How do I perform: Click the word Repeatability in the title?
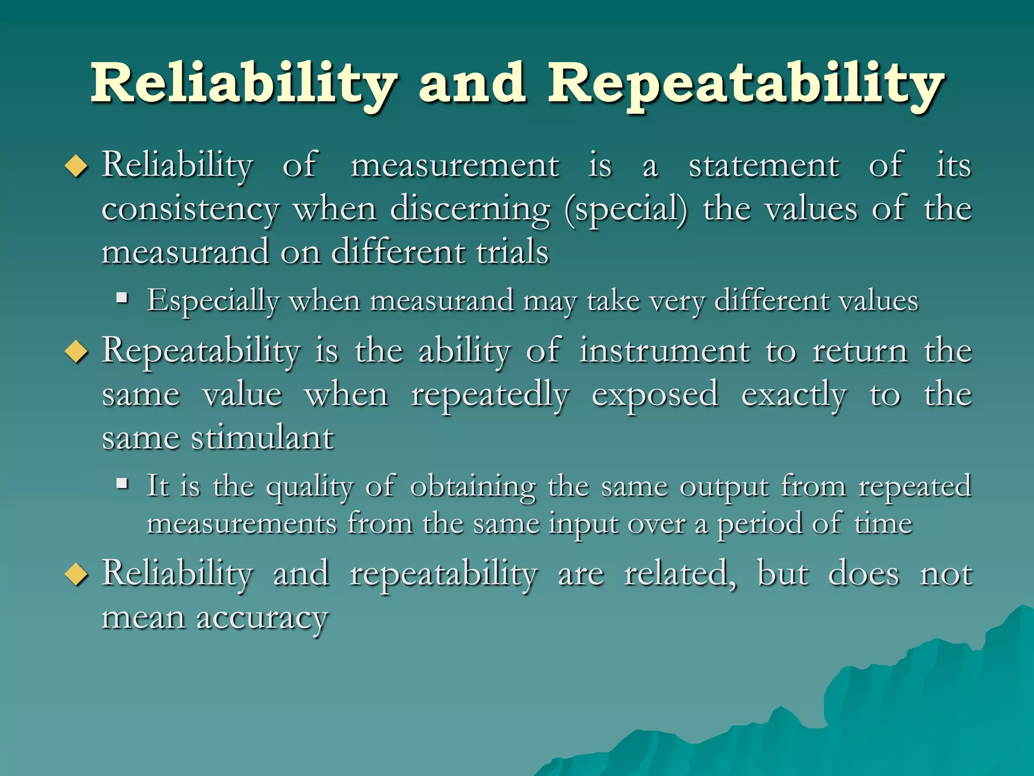point(746,83)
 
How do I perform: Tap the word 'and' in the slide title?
point(472,83)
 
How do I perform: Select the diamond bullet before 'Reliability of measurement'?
point(77,166)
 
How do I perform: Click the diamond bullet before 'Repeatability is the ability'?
point(77,352)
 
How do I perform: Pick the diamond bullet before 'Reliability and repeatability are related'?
point(77,575)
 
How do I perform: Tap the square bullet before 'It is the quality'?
point(122,484)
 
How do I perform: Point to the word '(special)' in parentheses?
point(626,210)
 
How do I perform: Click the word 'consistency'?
point(190,210)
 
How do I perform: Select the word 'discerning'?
point(470,210)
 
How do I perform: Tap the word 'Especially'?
point(213,301)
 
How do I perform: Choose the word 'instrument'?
point(664,351)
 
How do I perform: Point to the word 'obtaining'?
point(473,487)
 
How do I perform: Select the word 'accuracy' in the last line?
point(262,618)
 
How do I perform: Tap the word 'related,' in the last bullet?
point(680,574)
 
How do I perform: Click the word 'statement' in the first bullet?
point(763,166)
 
